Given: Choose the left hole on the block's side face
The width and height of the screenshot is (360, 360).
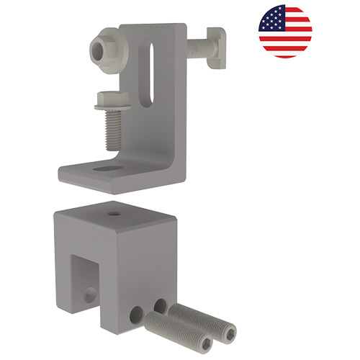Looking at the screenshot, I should pyautogui.click(x=136, y=313).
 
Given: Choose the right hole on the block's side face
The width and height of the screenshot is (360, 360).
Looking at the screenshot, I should pyautogui.click(x=160, y=305).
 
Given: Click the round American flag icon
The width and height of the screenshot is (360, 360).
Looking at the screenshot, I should pyautogui.click(x=285, y=31).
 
